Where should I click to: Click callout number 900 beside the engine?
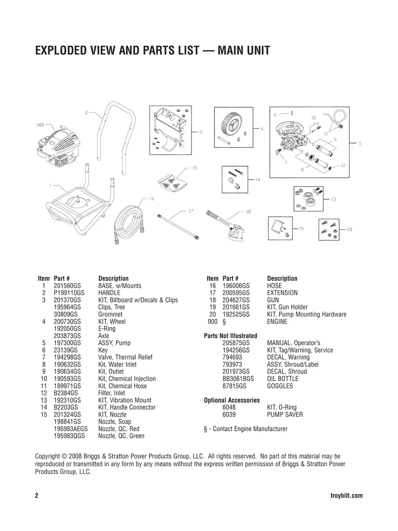coord(40,125)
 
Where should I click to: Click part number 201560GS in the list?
coord(67,286)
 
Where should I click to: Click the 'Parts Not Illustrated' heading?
coord(231,336)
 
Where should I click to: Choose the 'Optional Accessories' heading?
coord(232,400)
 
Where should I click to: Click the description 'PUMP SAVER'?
coord(285,415)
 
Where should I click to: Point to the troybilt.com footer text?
coord(346,496)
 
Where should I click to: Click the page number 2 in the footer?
coord(37,496)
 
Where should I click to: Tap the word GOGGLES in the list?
coord(280,386)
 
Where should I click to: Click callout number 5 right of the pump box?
coord(360,143)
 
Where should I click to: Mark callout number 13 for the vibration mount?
coord(333,200)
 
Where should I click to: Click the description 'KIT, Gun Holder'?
coord(287,307)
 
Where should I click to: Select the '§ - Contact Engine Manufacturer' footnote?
coord(246,429)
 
